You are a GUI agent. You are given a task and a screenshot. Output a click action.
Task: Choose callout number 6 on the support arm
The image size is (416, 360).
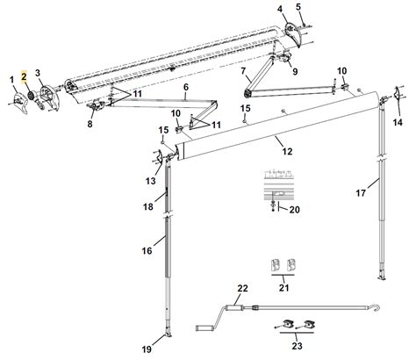pos(185,89)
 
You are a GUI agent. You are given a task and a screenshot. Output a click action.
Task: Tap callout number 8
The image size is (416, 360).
pos(89,125)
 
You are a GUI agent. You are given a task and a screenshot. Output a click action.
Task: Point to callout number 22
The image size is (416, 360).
pos(242,289)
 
